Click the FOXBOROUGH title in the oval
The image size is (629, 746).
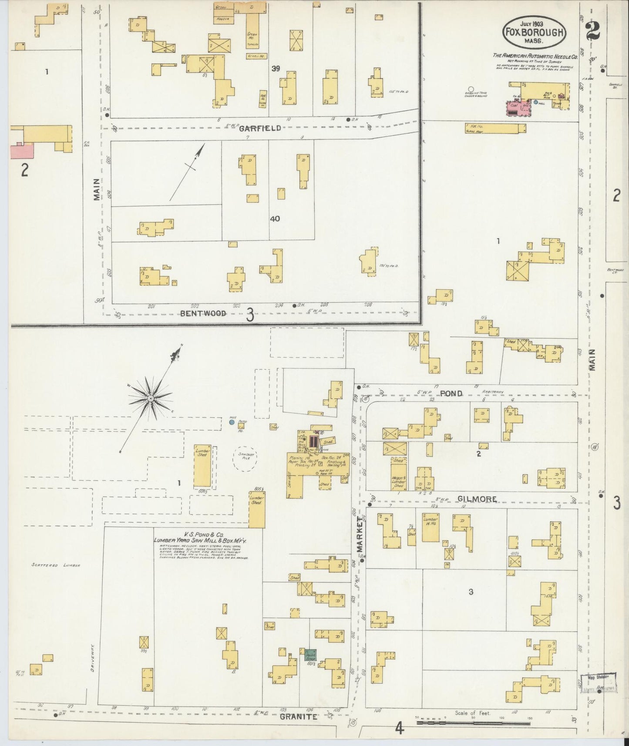coord(535,31)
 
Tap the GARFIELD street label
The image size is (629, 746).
coord(259,128)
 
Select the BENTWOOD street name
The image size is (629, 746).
coord(204,313)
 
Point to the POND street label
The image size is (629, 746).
coord(451,393)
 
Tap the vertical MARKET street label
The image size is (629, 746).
coord(360,534)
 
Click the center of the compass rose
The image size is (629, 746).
coord(150,398)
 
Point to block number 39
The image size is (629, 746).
coord(275,68)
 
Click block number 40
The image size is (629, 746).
coord(274,219)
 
